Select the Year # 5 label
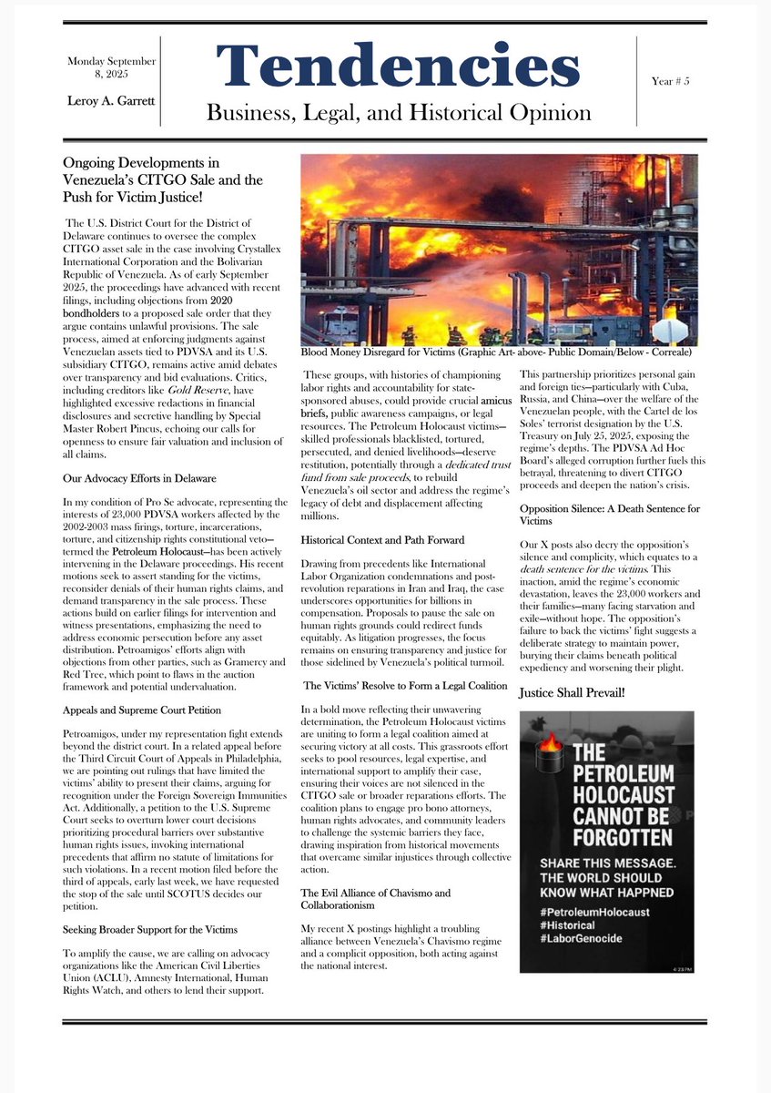[x=670, y=81]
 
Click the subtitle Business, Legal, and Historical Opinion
[x=398, y=113]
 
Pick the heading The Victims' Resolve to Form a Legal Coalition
[x=405, y=684]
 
